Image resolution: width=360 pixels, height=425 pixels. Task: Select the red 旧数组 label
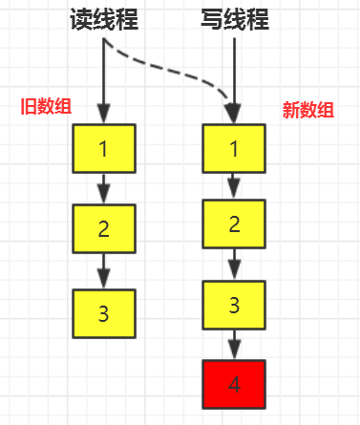tap(45, 105)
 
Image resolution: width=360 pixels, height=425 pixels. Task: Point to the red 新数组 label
tap(307, 110)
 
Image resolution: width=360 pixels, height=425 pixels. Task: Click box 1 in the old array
tap(104, 149)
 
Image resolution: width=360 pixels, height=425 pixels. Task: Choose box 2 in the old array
tap(104, 228)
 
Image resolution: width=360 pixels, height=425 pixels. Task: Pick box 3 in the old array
tap(104, 311)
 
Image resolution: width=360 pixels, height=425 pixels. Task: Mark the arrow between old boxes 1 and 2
tap(104, 188)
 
